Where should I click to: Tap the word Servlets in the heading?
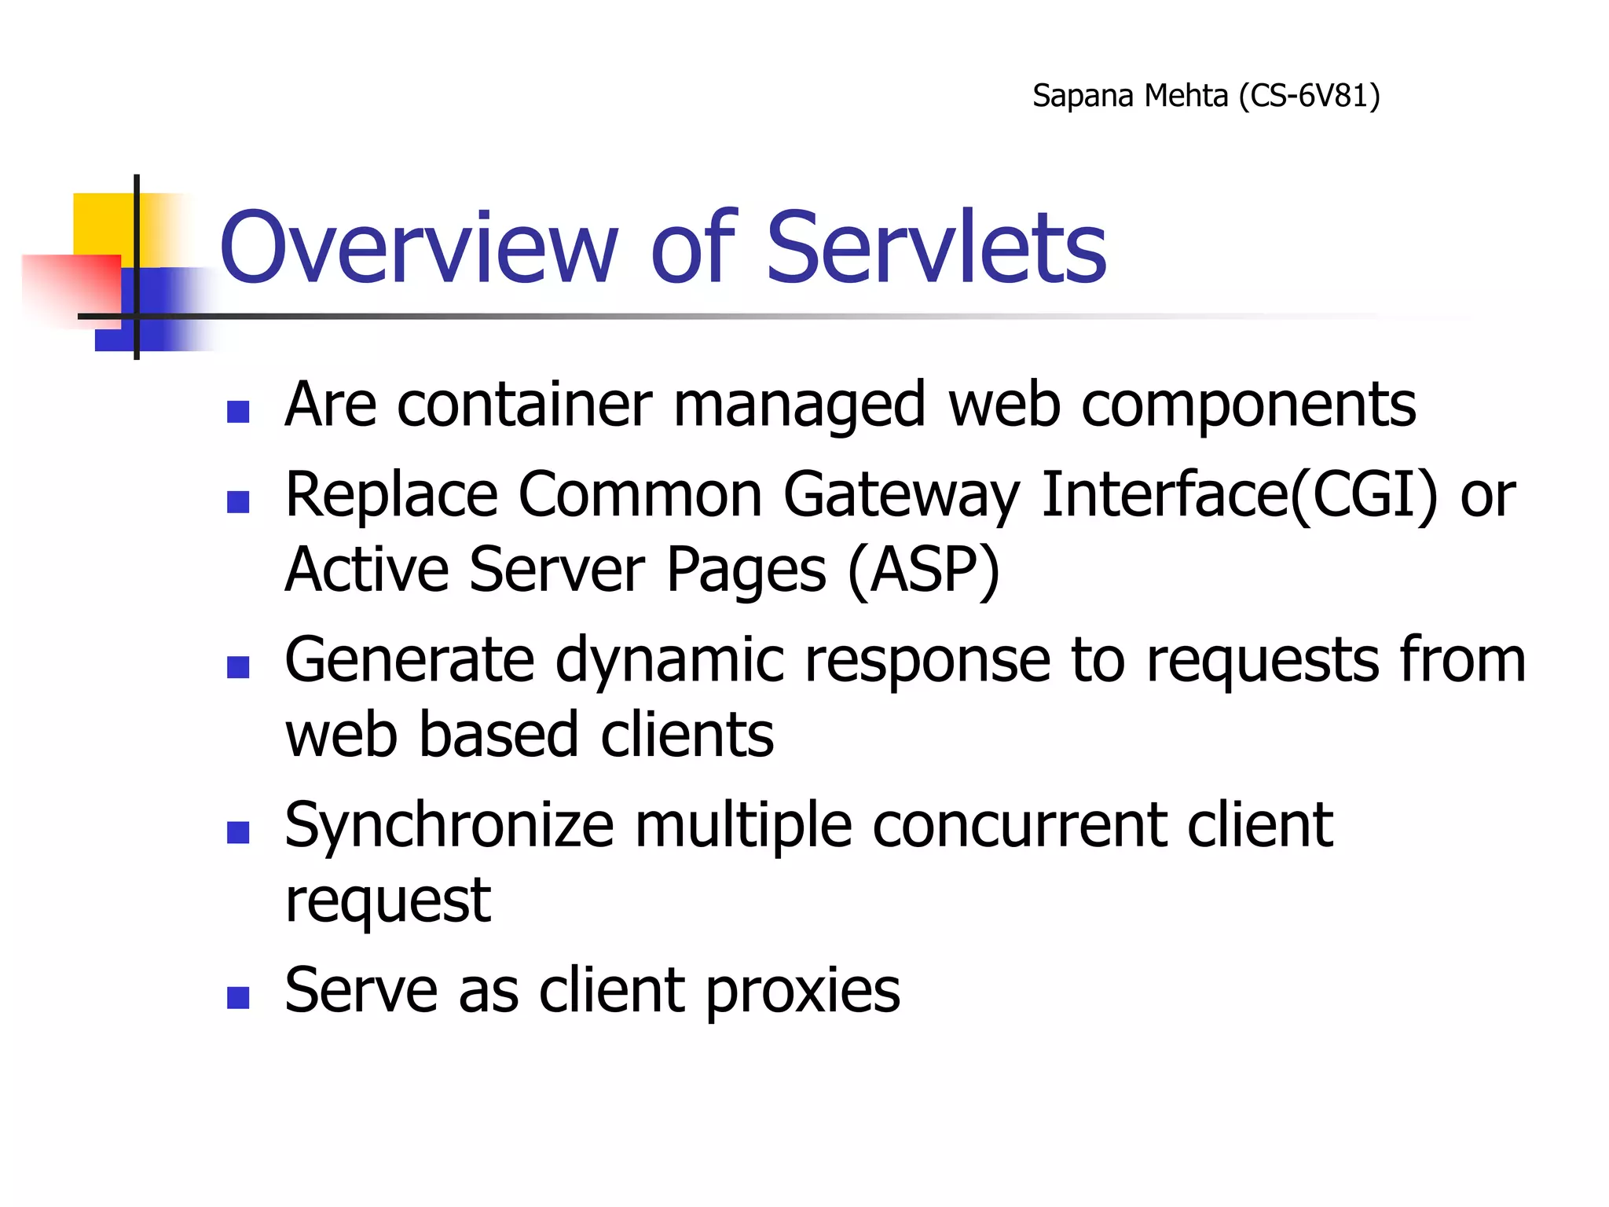(x=936, y=248)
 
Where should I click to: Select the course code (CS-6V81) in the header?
(x=1309, y=96)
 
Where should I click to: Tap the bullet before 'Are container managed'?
(x=237, y=412)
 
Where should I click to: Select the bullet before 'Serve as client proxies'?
(x=237, y=997)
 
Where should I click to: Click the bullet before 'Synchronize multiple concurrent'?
(x=237, y=832)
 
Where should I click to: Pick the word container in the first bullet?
(x=524, y=405)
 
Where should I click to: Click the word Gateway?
(x=901, y=495)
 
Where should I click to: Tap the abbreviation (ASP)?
(x=924, y=570)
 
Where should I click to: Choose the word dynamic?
(x=669, y=660)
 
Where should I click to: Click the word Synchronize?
(x=449, y=827)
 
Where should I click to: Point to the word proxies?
(x=802, y=992)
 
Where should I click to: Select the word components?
(x=1248, y=406)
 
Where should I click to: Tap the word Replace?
(x=391, y=495)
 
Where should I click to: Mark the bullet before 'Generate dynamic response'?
(x=237, y=667)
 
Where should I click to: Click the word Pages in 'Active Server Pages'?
(x=746, y=570)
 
